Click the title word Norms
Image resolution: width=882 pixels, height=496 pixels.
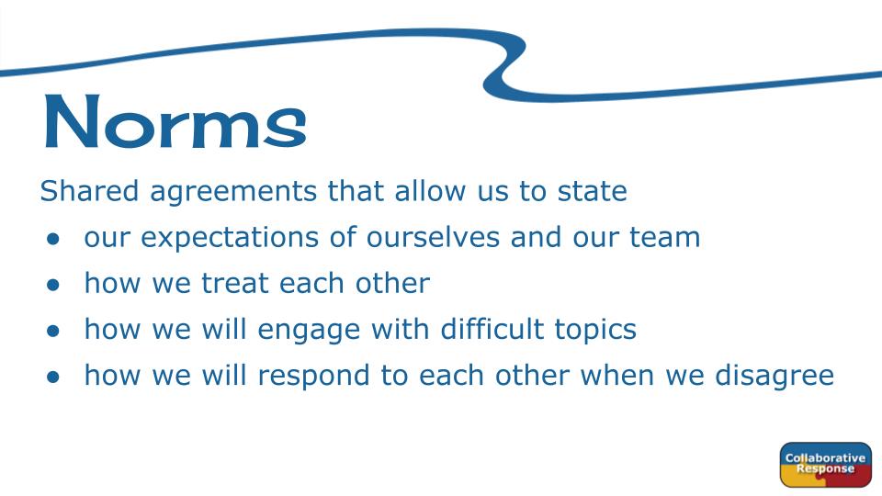(175, 120)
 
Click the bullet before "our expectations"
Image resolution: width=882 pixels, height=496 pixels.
(53, 240)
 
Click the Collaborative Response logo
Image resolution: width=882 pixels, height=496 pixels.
(825, 465)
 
